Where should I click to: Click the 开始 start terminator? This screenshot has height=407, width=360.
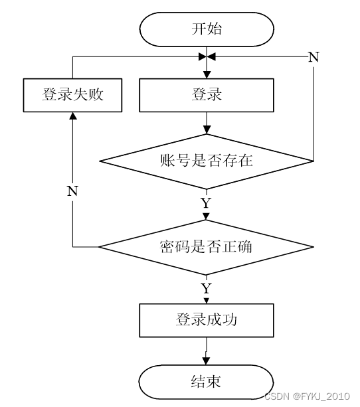click(207, 29)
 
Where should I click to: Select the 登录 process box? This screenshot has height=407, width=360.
click(207, 95)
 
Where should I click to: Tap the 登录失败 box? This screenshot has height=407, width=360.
click(72, 95)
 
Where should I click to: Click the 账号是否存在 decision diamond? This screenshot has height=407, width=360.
click(207, 161)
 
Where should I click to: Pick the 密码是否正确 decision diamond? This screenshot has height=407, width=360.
click(207, 247)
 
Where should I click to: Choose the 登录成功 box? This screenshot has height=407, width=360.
click(207, 320)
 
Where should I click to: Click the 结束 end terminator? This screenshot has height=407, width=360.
click(206, 382)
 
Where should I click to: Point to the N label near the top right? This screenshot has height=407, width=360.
click(314, 57)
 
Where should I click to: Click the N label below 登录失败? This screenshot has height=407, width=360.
click(72, 191)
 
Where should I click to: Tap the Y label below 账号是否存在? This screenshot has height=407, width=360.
click(206, 203)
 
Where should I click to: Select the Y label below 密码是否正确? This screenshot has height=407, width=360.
click(206, 289)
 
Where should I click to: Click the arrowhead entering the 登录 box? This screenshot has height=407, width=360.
click(207, 75)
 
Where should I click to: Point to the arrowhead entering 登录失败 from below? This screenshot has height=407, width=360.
click(74, 116)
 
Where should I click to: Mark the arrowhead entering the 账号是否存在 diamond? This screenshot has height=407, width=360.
click(207, 129)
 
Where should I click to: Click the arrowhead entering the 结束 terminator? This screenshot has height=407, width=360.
click(206, 361)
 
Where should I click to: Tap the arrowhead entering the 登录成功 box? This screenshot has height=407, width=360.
click(206, 301)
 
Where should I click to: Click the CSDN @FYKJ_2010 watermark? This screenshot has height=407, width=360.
click(307, 396)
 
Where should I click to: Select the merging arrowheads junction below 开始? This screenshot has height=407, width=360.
click(207, 56)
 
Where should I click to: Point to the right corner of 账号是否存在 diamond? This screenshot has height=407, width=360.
click(314, 161)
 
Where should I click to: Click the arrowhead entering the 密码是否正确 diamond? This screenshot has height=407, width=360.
click(206, 216)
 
